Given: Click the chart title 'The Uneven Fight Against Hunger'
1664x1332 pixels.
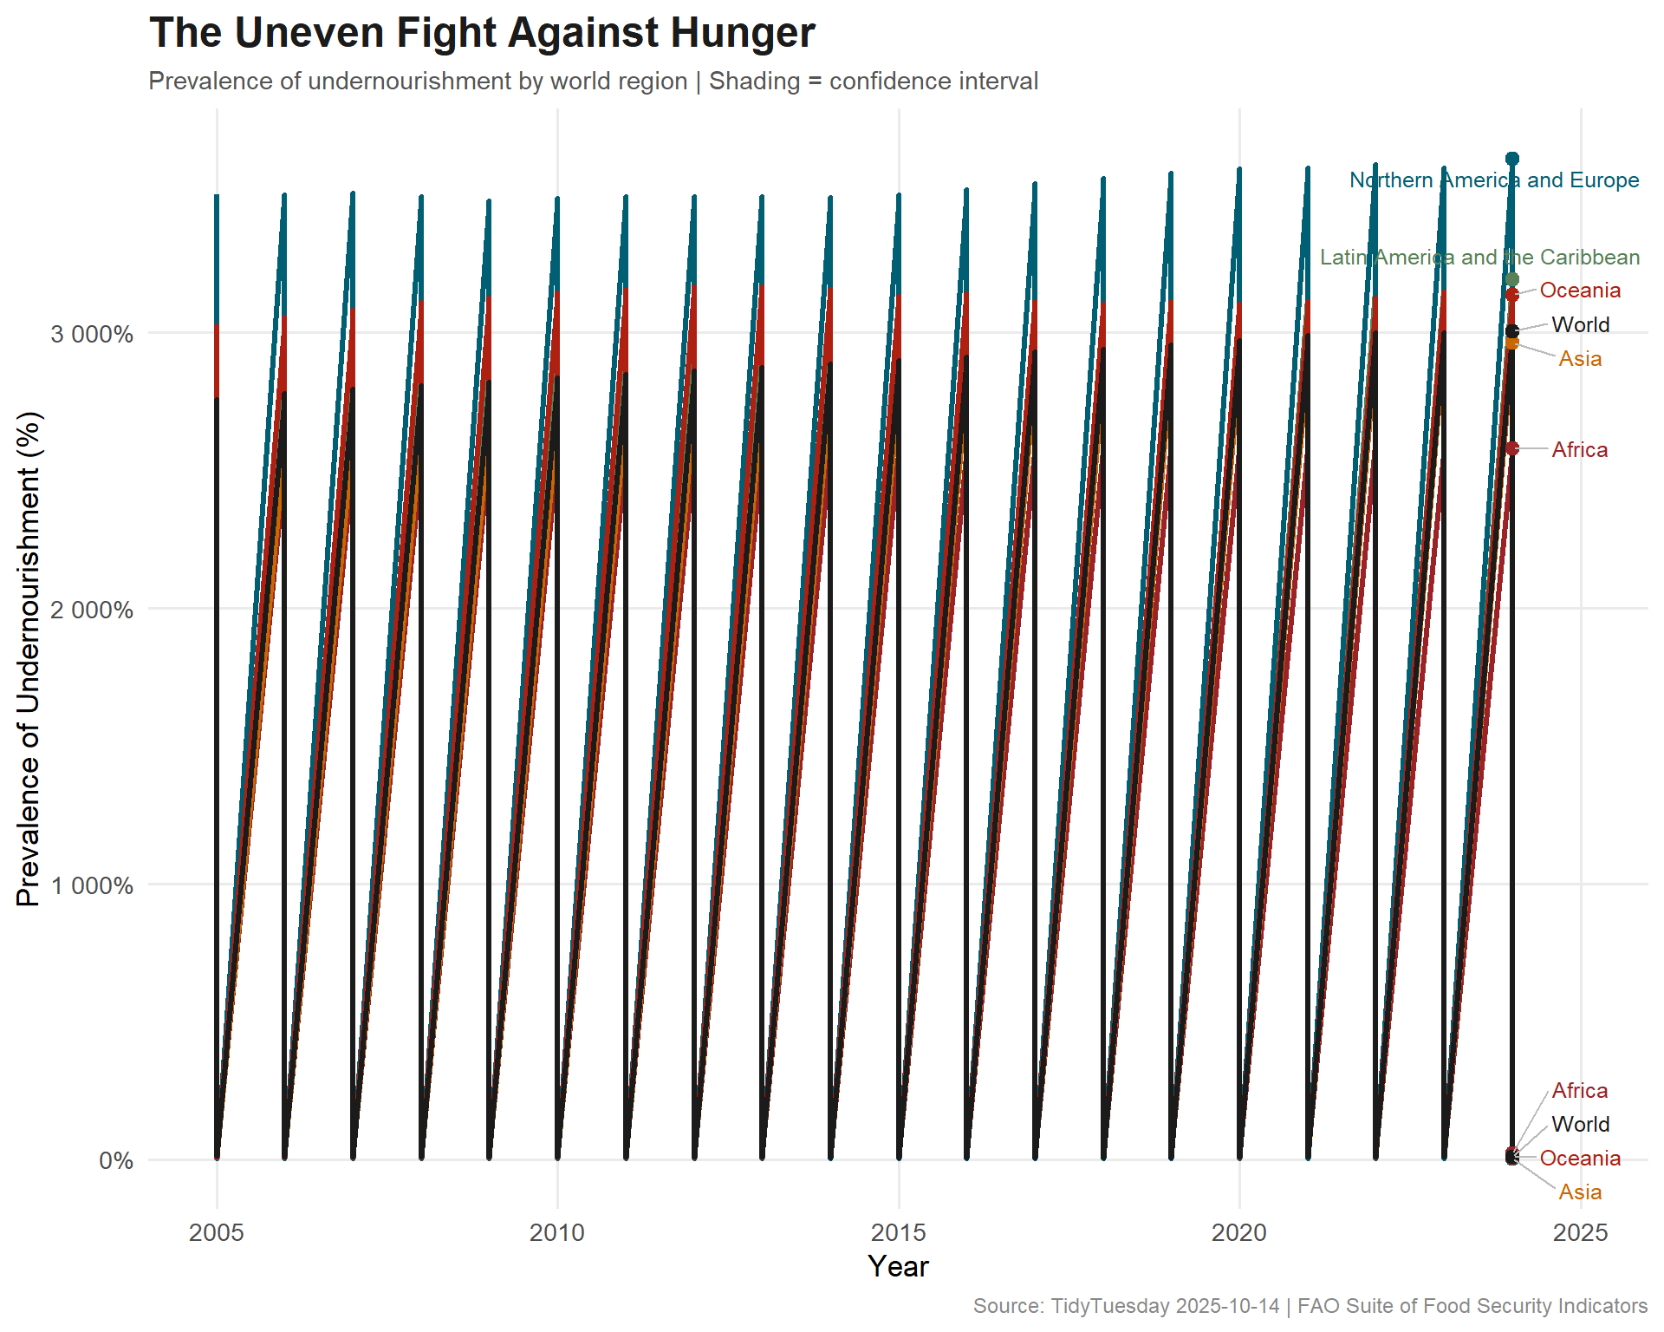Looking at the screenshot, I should [x=482, y=33].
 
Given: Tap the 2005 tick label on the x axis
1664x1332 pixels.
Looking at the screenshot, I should [x=217, y=1232].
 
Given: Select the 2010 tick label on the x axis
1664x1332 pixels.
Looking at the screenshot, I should [x=557, y=1232].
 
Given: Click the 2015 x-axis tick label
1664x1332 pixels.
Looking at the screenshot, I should [x=899, y=1232].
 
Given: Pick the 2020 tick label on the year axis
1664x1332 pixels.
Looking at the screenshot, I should [x=1239, y=1232].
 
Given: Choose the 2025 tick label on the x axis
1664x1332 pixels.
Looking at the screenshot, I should [x=1580, y=1232].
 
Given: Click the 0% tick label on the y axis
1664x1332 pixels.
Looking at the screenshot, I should [x=116, y=1160].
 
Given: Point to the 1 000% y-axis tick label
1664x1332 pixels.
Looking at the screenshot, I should [x=92, y=885].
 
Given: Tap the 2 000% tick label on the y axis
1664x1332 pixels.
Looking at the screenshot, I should [x=92, y=610].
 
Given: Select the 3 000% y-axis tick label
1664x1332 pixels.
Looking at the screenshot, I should [x=92, y=334].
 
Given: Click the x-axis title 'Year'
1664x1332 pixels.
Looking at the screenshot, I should [x=898, y=1267].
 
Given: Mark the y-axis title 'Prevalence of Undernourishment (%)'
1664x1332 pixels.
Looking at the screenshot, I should [x=29, y=659].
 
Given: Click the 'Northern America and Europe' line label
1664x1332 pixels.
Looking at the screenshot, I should [x=1494, y=180].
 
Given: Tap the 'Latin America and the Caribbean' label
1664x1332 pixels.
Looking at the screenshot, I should [x=1479, y=258].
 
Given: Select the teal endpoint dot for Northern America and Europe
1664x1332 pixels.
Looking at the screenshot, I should [x=1512, y=159].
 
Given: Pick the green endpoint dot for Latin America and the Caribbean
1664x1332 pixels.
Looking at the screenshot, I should [x=1512, y=279].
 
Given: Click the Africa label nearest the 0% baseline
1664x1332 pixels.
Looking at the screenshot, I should [x=1579, y=1091].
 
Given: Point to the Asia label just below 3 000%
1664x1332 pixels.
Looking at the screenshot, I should [x=1580, y=359].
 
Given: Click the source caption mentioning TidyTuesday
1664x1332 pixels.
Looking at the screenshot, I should [x=1310, y=1306].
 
